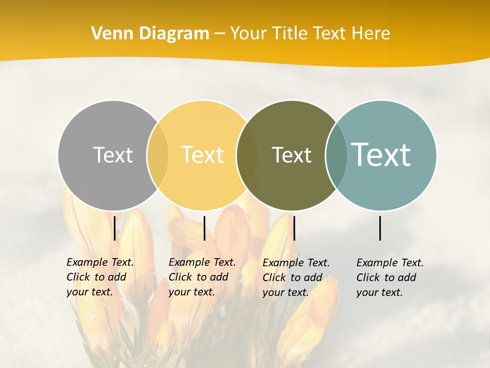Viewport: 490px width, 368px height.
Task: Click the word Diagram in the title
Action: [174, 34]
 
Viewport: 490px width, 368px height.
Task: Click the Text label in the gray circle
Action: [113, 155]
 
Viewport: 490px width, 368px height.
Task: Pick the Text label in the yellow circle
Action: [203, 155]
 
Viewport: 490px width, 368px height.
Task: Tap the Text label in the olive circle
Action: [291, 155]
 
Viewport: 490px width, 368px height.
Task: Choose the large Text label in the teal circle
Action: [381, 155]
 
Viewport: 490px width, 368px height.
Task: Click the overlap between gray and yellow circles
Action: [158, 155]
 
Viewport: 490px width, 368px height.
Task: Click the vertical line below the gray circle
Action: [115, 228]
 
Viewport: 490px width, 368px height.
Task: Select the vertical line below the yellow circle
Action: [204, 228]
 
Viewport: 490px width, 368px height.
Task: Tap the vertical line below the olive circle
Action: [294, 228]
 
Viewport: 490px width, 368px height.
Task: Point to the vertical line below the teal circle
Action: [380, 228]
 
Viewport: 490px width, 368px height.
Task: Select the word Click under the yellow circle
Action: [180, 278]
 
